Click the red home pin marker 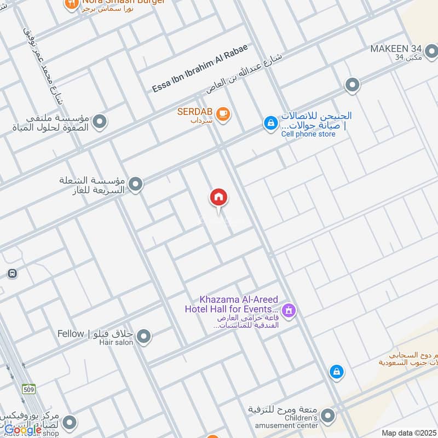pyautogui.click(x=218, y=198)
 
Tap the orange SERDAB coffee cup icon pyautogui.click(x=223, y=114)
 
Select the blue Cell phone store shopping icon pyautogui.click(x=270, y=123)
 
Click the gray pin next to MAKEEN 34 pyautogui.click(x=431, y=52)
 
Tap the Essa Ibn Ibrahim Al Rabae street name pyautogui.click(x=200, y=67)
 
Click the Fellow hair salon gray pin pyautogui.click(x=144, y=337)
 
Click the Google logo pyautogui.click(x=23, y=430)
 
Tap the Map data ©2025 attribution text pyautogui.click(x=408, y=433)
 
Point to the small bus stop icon pyautogui.click(x=11, y=273)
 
